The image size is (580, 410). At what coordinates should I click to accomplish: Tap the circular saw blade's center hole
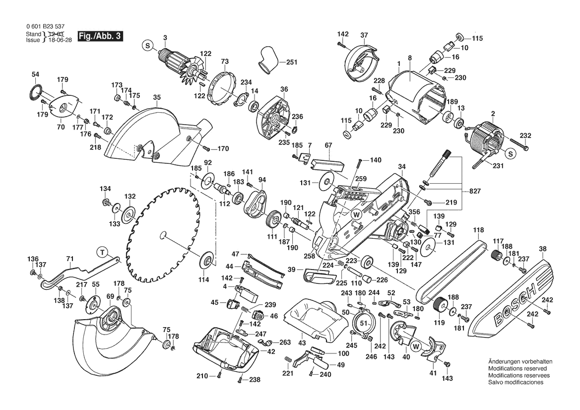pos(163,233)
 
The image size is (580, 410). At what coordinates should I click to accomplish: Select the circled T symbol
pos(102,252)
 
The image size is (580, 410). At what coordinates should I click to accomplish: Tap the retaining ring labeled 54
pos(34,93)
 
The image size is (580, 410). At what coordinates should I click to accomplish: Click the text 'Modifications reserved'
pos(517,369)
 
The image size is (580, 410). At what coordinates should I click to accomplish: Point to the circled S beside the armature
pos(147,46)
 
